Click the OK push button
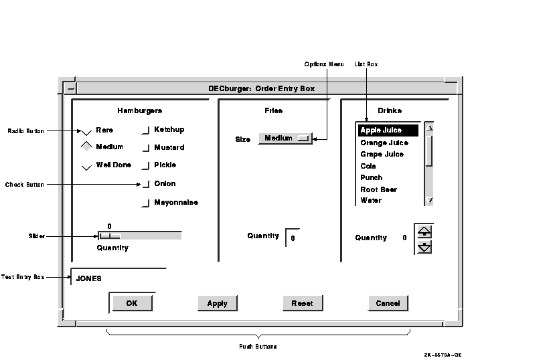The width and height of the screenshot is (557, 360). click(132, 303)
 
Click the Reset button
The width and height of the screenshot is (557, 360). click(303, 303)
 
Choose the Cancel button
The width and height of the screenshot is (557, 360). click(388, 303)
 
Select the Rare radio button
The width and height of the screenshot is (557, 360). click(86, 132)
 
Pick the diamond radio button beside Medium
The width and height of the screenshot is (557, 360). click(86, 147)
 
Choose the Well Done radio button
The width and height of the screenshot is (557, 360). click(86, 167)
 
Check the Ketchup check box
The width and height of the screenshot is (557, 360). click(146, 130)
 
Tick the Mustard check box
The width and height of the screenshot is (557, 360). click(146, 148)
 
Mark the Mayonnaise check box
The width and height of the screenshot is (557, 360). click(146, 203)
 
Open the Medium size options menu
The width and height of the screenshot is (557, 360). click(285, 138)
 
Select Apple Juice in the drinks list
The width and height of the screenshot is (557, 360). click(388, 130)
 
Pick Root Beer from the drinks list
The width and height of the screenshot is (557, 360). click(379, 189)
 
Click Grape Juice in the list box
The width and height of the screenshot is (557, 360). click(382, 155)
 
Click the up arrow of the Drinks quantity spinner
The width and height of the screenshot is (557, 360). click(424, 232)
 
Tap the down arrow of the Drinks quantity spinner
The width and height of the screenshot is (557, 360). click(424, 247)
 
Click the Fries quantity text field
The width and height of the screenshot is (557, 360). click(293, 238)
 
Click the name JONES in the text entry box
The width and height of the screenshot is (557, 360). click(89, 278)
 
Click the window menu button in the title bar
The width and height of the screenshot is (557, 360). click(71, 88)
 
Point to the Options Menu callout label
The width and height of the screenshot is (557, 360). click(324, 64)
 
